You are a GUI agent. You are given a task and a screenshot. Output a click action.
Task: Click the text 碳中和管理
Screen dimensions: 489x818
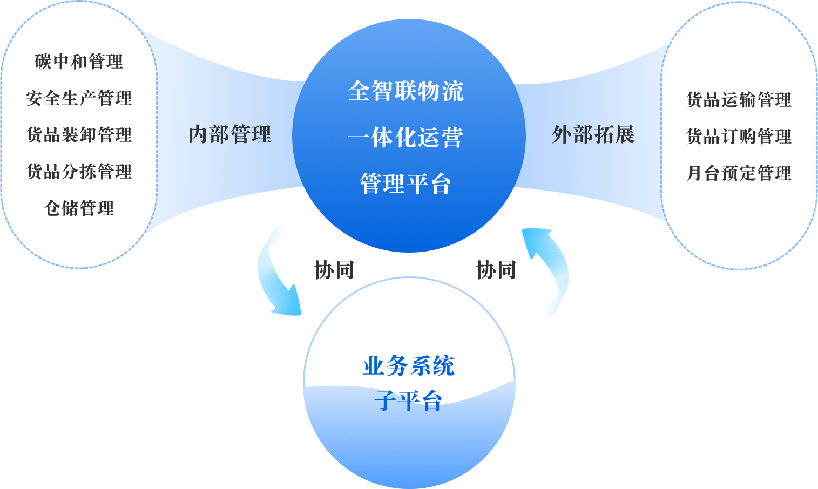click(79, 62)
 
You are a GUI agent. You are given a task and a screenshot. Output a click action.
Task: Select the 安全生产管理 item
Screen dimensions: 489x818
click(79, 98)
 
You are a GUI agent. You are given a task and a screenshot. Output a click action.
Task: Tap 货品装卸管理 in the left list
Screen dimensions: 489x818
click(79, 135)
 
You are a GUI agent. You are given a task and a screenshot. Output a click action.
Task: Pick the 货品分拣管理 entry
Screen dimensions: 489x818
click(79, 172)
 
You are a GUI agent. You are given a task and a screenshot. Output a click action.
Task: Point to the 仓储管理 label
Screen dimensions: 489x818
click(79, 208)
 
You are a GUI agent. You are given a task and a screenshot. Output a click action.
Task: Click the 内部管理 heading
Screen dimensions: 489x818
click(230, 134)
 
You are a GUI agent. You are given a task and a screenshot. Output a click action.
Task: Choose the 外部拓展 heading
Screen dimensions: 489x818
click(593, 134)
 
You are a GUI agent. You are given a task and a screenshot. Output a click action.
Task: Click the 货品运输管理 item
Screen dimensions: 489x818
click(739, 100)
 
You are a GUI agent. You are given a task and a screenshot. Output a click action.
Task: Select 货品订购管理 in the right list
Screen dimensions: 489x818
click(739, 137)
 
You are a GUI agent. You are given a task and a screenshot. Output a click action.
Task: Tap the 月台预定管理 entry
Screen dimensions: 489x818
click(739, 173)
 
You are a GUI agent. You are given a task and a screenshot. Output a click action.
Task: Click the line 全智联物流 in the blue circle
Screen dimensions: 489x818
click(406, 91)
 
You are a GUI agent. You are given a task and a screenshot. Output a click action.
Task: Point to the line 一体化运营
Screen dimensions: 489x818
click(406, 138)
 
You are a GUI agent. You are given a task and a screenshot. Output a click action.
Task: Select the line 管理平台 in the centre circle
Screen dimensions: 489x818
click(406, 184)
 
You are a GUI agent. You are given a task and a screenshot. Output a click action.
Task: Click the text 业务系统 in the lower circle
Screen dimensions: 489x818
click(409, 366)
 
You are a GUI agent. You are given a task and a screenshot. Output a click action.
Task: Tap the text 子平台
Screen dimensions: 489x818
click(409, 401)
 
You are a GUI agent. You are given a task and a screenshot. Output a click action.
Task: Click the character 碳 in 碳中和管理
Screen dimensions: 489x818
click(43, 62)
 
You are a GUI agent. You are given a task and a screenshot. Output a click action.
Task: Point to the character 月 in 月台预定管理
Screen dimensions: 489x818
click(694, 173)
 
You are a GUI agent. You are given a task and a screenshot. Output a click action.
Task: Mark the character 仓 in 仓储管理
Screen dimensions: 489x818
click(53, 208)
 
